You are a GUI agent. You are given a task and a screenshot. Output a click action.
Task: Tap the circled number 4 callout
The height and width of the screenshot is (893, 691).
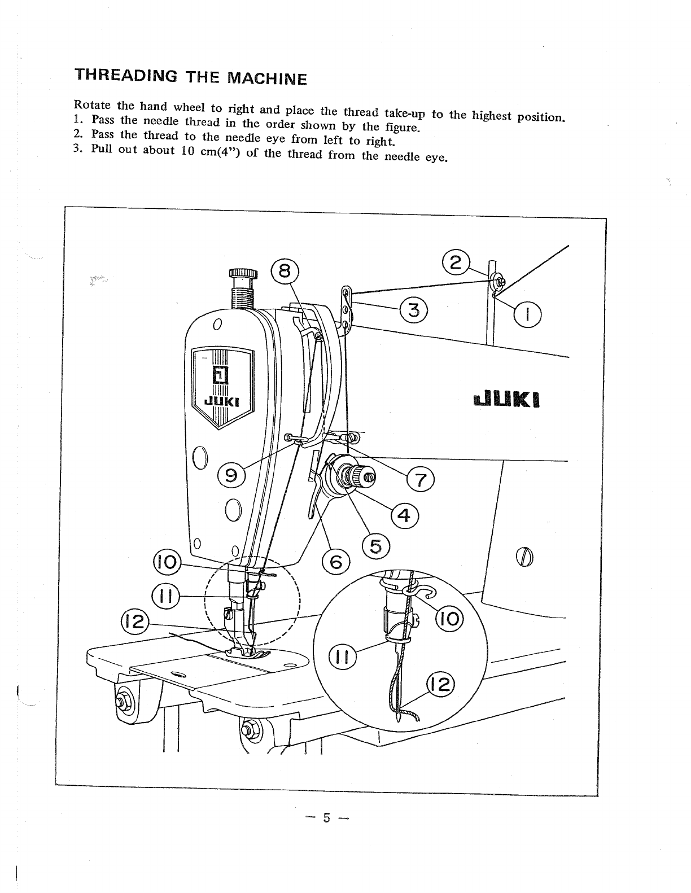tap(404, 515)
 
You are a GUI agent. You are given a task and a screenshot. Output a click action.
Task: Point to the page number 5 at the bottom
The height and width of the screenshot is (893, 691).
tap(326, 817)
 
